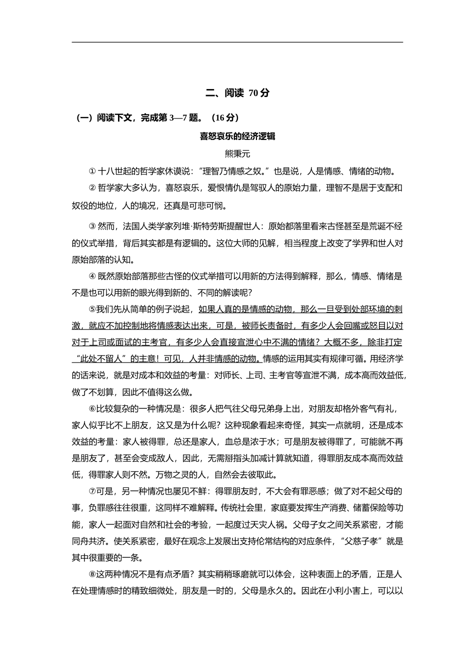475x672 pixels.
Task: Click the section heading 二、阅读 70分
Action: click(x=237, y=93)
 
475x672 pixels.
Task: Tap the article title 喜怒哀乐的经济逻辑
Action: click(x=237, y=136)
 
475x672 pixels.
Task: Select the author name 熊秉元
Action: click(x=237, y=153)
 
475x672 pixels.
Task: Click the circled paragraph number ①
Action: click(x=92, y=171)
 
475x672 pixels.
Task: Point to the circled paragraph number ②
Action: click(x=92, y=188)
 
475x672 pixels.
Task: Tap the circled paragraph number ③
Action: click(x=92, y=226)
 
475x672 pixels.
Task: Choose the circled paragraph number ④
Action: click(x=92, y=276)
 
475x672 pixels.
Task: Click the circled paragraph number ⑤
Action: click(x=92, y=309)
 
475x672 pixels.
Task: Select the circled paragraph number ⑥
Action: click(x=92, y=409)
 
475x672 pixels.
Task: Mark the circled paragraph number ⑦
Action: click(x=92, y=492)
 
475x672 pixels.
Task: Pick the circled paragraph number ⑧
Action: click(x=92, y=574)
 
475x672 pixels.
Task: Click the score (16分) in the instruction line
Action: click(x=225, y=118)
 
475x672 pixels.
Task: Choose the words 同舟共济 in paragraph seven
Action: click(x=88, y=541)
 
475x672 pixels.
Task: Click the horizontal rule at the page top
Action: click(x=237, y=42)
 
